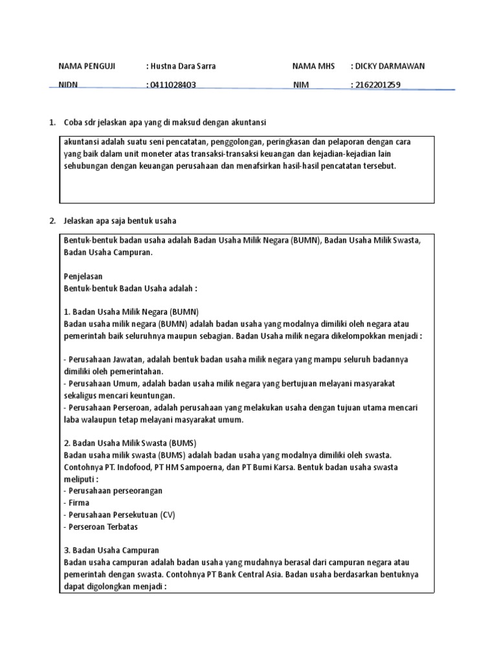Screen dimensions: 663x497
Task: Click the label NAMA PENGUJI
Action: point(87,66)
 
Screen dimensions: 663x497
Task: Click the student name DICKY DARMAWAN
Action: point(388,66)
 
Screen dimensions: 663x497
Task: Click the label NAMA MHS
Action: point(313,66)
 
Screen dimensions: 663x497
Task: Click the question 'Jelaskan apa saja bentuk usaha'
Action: point(120,221)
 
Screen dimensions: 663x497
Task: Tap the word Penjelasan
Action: point(83,276)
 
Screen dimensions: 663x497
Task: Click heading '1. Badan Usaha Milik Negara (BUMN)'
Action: point(131,311)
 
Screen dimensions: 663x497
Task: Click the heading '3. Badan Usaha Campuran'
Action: point(111,550)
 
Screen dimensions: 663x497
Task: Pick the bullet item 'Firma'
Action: point(78,502)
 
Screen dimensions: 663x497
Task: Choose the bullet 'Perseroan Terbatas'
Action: point(103,526)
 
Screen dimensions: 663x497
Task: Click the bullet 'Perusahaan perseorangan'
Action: point(115,491)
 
